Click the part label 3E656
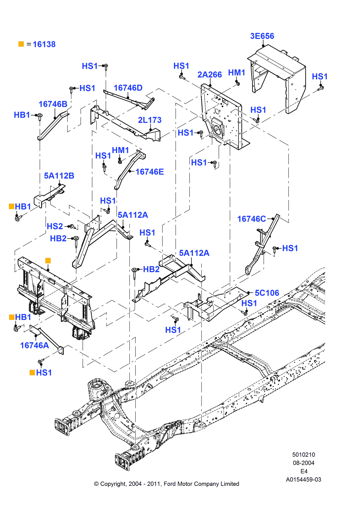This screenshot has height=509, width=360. tap(262, 36)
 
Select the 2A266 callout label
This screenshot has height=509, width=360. tap(209, 75)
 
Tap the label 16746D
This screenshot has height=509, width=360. tap(128, 88)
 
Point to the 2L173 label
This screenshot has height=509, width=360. tap(150, 120)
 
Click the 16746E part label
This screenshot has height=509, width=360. tap(149, 172)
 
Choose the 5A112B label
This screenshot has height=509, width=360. tap(59, 176)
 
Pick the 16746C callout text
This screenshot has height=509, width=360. tap(251, 219)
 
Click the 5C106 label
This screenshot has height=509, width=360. tap(267, 293)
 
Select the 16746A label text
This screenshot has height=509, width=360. tap(34, 346)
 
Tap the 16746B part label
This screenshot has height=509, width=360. tap(53, 104)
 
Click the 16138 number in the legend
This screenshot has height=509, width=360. tap(44, 45)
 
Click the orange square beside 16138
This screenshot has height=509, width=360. tap(21, 44)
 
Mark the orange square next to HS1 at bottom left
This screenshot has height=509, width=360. tap(32, 372)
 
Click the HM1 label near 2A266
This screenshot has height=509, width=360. tap(237, 73)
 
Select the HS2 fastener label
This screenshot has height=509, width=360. tap(55, 227)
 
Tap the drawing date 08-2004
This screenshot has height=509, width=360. tap(303, 463)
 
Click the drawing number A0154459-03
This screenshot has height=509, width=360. tap(303, 480)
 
